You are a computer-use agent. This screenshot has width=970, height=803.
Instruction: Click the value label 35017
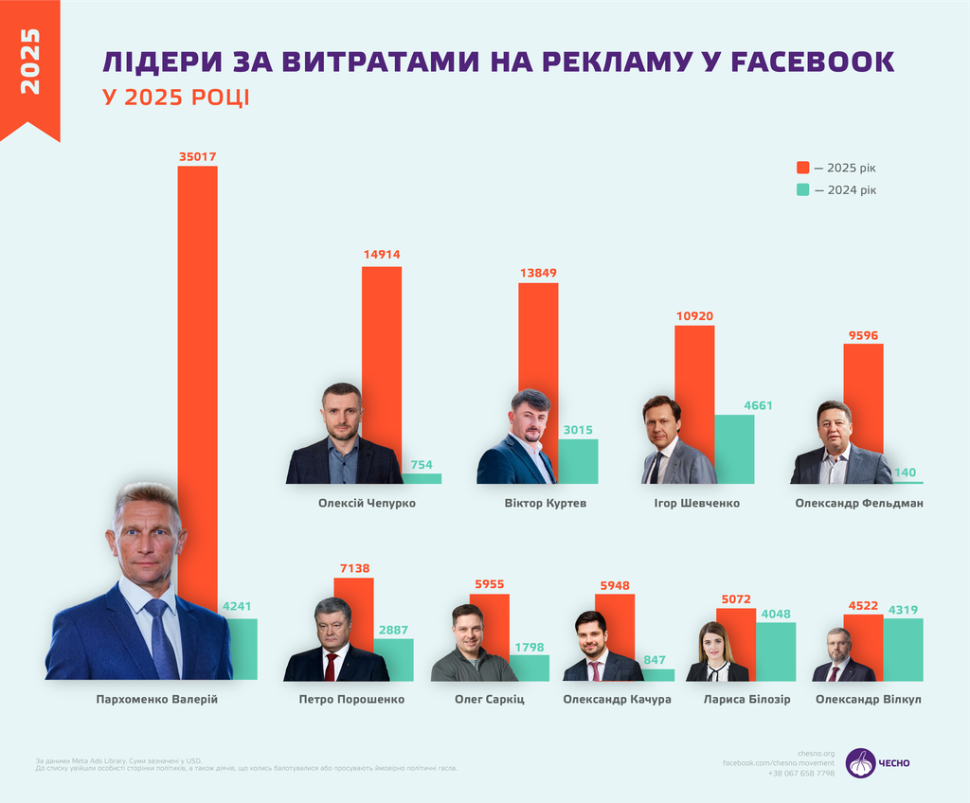(x=197, y=155)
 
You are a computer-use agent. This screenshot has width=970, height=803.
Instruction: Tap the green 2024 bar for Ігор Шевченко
(x=734, y=449)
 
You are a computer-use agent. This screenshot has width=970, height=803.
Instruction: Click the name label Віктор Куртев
(x=546, y=503)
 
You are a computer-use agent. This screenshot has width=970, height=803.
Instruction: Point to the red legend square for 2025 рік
(x=803, y=168)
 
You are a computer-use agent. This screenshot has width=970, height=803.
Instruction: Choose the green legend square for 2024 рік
(x=803, y=189)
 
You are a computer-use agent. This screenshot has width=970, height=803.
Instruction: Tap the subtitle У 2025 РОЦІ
(x=176, y=98)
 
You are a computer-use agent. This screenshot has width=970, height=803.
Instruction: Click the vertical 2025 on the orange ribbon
(x=29, y=62)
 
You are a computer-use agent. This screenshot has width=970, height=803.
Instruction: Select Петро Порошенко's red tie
(x=331, y=667)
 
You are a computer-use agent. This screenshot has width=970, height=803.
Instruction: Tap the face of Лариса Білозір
(x=713, y=646)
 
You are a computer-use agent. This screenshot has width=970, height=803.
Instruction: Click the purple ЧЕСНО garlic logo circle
(x=860, y=763)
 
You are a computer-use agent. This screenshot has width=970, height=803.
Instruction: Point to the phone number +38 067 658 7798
(x=801, y=774)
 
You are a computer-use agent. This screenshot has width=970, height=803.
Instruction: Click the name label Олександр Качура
(x=617, y=700)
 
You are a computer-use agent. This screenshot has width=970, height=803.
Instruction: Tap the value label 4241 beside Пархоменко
(x=239, y=607)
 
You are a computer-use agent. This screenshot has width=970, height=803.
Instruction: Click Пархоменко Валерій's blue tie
(x=162, y=639)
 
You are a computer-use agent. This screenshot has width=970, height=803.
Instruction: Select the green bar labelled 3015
(x=578, y=461)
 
